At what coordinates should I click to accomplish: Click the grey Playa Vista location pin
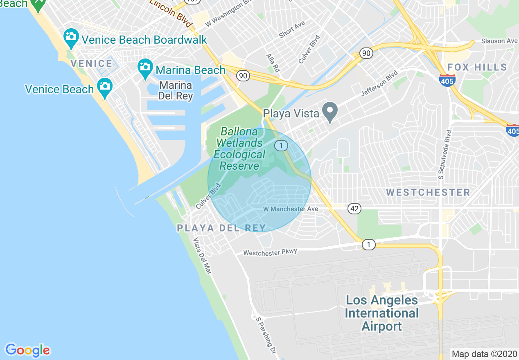coord(329,112)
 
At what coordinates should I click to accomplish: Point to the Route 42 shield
coord(354,209)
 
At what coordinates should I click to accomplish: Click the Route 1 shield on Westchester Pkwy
coord(368,245)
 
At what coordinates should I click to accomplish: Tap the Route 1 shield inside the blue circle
coord(281,146)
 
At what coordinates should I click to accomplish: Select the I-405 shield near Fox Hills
coord(447,81)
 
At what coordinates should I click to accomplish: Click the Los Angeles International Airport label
coord(381,313)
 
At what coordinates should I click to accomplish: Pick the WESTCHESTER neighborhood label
coord(428,192)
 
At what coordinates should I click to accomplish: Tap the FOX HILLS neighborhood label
coord(477,67)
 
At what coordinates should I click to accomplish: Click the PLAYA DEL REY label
coord(221,228)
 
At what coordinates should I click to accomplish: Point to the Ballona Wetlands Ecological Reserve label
coord(240,148)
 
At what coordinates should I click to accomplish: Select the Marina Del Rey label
coord(176,91)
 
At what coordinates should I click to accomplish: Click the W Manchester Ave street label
coord(290,209)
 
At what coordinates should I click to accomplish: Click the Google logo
coord(27,350)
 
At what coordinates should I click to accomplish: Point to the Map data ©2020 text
coord(484,354)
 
